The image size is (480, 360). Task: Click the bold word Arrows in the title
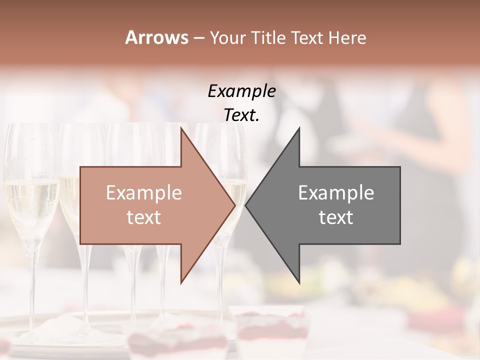coord(156,37)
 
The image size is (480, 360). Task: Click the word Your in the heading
coord(228,37)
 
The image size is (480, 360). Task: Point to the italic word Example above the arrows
coord(241,91)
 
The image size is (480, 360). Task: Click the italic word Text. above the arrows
coord(241,115)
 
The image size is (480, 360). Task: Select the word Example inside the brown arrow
coord(144,193)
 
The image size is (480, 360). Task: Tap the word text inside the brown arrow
coord(144,217)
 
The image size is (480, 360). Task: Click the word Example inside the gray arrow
coord(336,193)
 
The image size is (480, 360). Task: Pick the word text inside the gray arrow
coord(336,217)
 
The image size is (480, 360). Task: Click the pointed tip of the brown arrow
coord(235,205)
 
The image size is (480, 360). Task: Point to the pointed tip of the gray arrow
coord(246,205)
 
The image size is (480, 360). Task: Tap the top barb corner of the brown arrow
coord(181,128)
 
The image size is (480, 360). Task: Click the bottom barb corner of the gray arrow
coord(299,282)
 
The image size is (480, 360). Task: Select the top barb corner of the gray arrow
coord(299,128)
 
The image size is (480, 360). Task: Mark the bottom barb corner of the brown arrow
coord(181,282)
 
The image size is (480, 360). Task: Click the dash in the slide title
coord(198,38)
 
